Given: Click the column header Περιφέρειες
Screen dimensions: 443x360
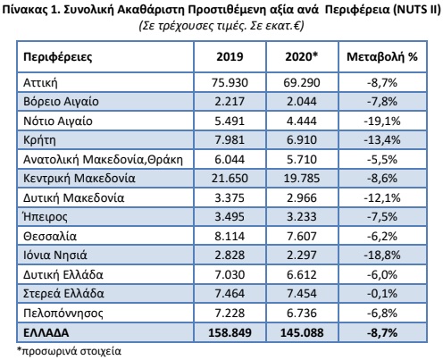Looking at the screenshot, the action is [58, 57].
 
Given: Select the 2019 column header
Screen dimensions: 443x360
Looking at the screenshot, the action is [230, 56].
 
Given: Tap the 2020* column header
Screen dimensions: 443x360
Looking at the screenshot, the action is [302, 56].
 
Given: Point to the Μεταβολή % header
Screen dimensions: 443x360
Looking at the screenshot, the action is [382, 57].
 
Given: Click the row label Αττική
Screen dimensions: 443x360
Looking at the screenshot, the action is [40, 82].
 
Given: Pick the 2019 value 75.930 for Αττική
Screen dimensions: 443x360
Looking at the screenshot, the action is [230, 82].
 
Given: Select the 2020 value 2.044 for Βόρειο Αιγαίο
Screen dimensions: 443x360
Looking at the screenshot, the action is [302, 102].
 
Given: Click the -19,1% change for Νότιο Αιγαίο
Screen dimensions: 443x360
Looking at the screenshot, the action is [382, 121].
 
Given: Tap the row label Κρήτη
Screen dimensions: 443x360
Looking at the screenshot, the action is [39, 140].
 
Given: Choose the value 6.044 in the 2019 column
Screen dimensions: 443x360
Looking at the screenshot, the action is [230, 159].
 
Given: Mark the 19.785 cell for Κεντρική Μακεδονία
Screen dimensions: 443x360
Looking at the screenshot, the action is [302, 179].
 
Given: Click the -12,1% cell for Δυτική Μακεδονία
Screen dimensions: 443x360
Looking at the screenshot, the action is [382, 197].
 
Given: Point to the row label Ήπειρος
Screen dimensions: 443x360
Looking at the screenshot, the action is [46, 217].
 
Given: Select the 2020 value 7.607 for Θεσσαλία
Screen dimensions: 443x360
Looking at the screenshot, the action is [302, 236].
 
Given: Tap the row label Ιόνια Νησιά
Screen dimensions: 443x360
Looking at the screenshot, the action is [55, 255].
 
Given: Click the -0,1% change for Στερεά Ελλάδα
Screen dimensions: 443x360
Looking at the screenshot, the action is [382, 294].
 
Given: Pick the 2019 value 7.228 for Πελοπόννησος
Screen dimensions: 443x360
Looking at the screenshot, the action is [230, 313].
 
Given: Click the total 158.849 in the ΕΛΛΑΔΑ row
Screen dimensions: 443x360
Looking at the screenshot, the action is [230, 332].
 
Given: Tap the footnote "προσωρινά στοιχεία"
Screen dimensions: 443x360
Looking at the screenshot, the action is [71, 351].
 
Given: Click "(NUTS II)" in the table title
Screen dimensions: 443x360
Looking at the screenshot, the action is [417, 10].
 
